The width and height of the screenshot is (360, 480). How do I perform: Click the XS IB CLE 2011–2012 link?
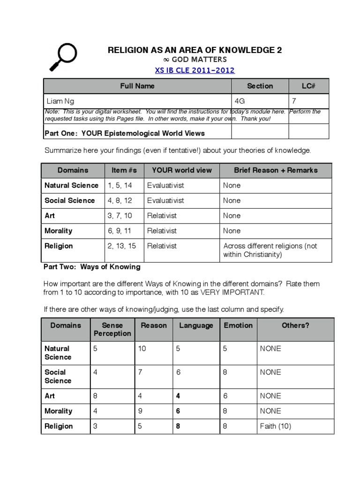click(x=195, y=70)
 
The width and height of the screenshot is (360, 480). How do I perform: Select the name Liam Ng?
click(x=60, y=101)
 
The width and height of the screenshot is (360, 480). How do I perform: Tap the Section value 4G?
click(x=239, y=101)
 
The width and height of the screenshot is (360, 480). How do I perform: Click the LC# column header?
click(x=308, y=86)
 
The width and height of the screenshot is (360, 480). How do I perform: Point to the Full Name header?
click(x=137, y=86)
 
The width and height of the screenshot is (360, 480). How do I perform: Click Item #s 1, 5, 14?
click(x=120, y=185)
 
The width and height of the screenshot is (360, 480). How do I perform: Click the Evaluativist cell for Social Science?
click(x=165, y=200)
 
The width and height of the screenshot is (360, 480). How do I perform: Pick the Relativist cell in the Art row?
click(x=162, y=216)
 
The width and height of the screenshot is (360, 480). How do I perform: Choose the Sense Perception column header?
click(x=112, y=329)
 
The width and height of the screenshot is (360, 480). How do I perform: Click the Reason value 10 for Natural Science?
click(x=142, y=349)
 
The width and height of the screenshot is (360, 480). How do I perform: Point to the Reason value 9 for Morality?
click(x=140, y=411)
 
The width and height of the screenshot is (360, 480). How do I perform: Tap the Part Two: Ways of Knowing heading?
click(x=92, y=267)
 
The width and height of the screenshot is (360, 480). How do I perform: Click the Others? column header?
click(x=295, y=325)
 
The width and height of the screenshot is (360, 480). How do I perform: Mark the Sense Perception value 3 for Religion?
click(x=96, y=426)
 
